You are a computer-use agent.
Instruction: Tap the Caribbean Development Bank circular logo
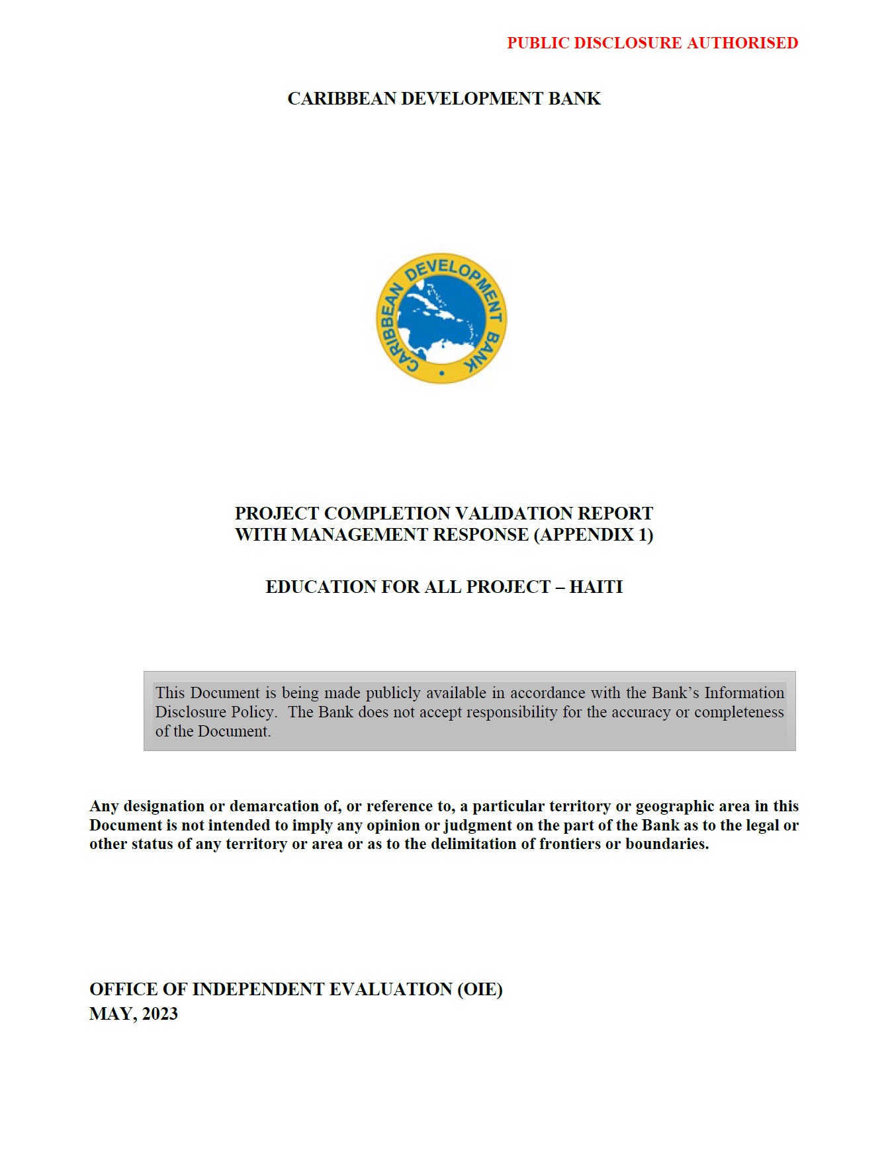click(x=441, y=318)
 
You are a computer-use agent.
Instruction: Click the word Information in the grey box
click(x=744, y=693)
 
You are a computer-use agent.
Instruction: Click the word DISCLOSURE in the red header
click(x=627, y=43)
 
